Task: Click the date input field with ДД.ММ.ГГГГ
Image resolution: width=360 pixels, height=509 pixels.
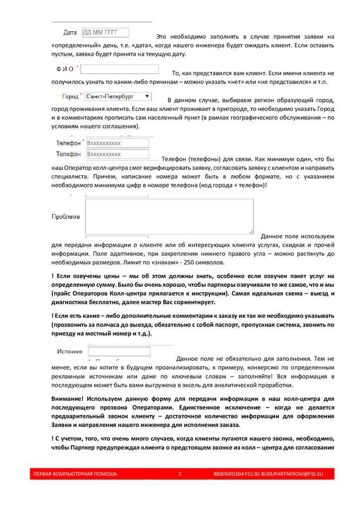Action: [105, 33]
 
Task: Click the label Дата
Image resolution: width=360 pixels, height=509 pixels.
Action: [70, 33]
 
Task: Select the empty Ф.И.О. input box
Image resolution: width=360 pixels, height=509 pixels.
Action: [119, 69]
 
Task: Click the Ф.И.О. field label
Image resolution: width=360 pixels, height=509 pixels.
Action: [68, 69]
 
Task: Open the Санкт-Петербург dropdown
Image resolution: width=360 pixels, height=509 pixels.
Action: [117, 96]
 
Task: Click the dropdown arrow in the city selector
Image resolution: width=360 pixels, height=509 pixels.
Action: [146, 96]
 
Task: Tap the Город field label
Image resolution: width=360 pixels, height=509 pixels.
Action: [70, 96]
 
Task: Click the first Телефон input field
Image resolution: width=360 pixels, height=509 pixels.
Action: [117, 143]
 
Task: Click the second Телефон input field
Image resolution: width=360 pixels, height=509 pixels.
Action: [117, 154]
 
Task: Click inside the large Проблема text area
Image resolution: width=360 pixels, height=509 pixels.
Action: [169, 216]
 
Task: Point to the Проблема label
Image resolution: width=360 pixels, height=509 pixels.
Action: [66, 217]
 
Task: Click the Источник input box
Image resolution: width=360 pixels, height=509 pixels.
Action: [119, 351]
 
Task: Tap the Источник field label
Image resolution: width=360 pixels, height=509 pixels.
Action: [70, 351]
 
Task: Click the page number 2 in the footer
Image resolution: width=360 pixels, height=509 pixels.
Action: [180, 474]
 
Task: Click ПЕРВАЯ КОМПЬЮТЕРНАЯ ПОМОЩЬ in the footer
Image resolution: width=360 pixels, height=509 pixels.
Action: [75, 474]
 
